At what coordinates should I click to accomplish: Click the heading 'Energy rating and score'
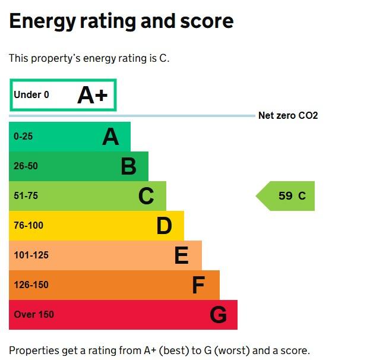121,21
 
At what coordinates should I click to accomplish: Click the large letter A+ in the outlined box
92,95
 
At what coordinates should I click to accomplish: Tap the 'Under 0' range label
31,95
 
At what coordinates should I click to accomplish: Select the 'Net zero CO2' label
288,115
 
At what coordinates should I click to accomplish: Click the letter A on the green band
110,137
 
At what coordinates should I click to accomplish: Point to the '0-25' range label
23,137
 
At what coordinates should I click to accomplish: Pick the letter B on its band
128,166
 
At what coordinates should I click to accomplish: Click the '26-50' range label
26,166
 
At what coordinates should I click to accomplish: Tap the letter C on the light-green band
146,196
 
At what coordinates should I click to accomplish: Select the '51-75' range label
26,196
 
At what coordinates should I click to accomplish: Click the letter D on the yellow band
164,226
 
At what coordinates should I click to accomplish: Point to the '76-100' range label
29,226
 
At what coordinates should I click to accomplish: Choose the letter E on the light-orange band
181,255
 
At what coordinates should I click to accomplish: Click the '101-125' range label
31,255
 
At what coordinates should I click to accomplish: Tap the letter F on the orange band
198,285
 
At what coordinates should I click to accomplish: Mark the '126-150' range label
31,285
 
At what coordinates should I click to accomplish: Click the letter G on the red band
218,315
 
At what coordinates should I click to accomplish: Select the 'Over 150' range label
33,315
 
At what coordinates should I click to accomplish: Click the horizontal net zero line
178,116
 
